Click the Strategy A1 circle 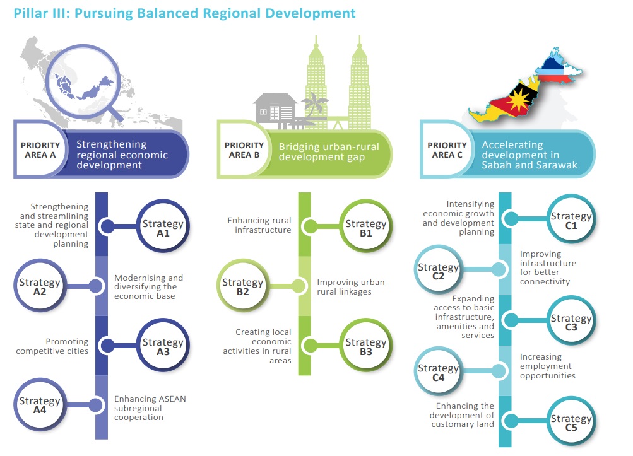(163, 228)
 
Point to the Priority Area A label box (40, 150)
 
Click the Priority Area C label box (447, 150)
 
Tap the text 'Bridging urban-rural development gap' (322, 151)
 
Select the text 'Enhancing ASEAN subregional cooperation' (150, 407)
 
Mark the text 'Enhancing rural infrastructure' (259, 225)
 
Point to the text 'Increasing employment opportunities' (548, 366)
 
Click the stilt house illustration (276, 108)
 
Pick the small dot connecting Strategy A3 (107, 346)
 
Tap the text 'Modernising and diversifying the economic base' (149, 287)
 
